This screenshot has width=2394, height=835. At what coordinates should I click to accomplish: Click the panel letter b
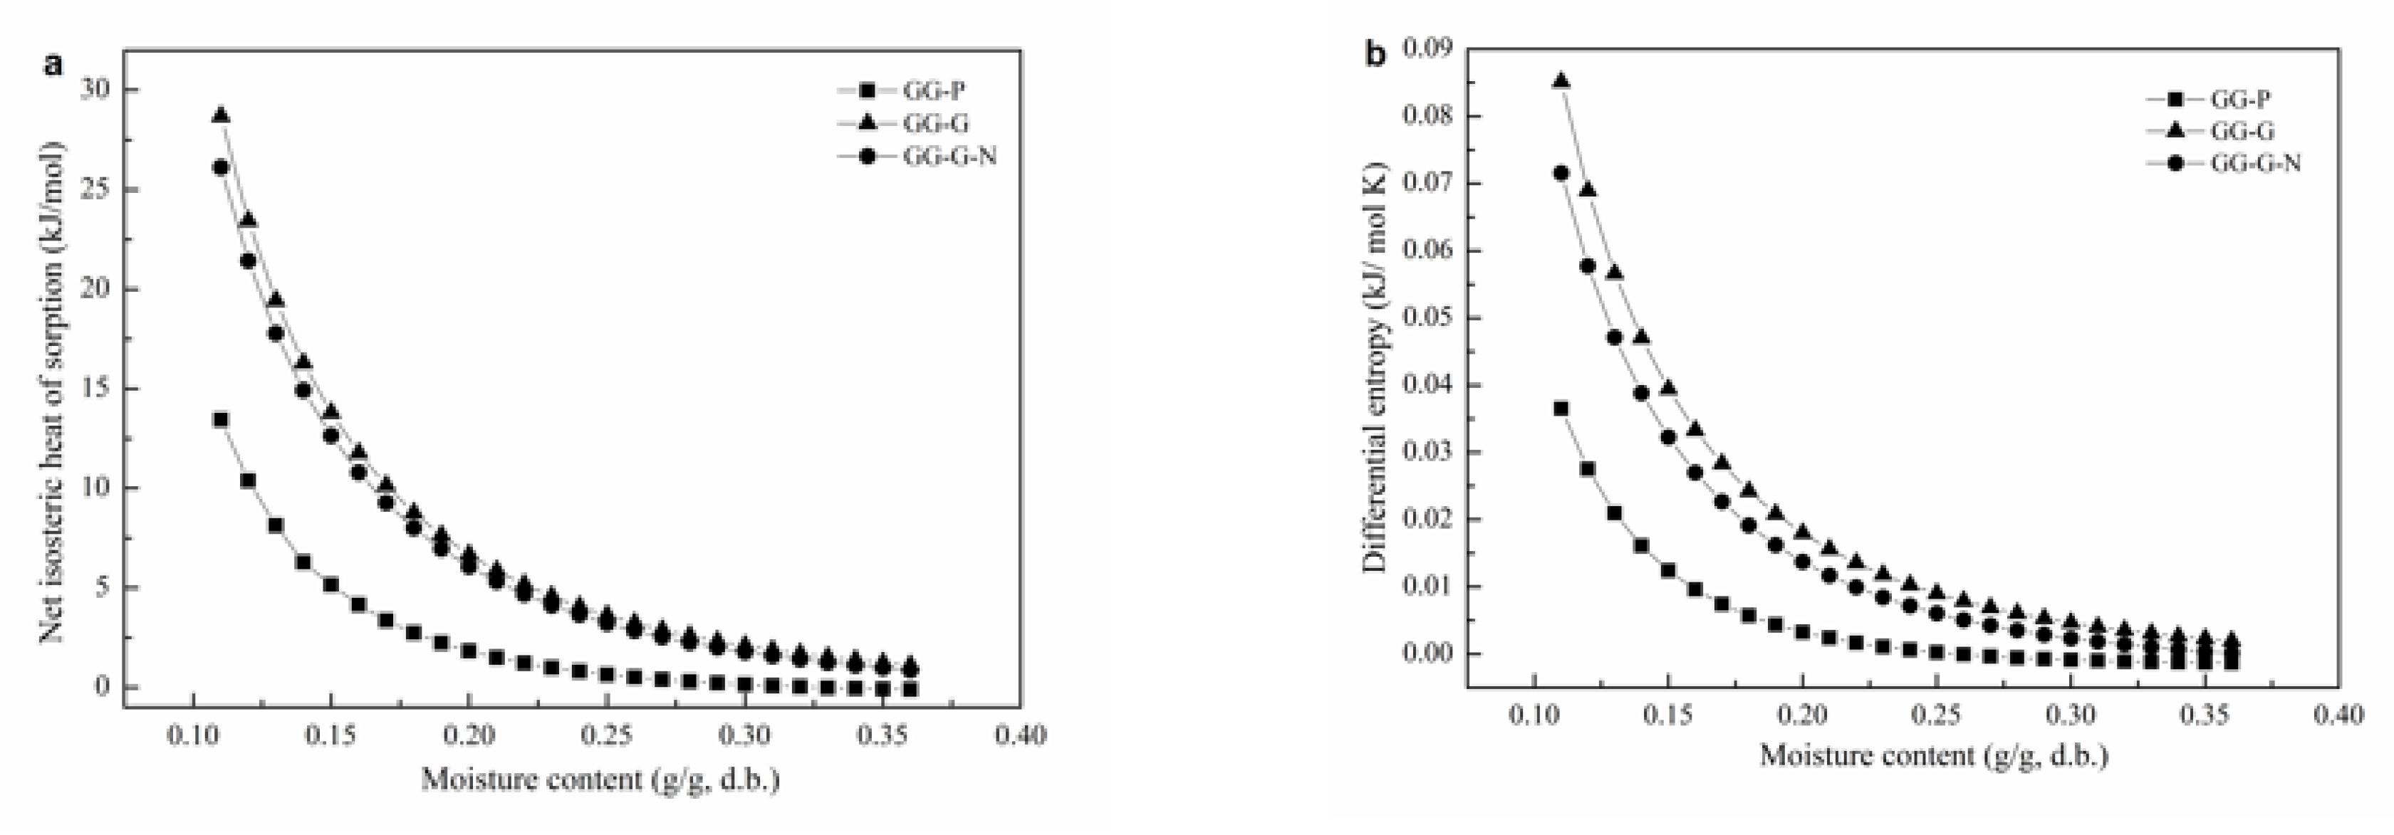point(1375,55)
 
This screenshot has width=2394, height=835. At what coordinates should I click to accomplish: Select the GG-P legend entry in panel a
point(933,91)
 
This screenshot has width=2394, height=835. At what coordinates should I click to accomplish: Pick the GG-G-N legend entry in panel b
point(2254,164)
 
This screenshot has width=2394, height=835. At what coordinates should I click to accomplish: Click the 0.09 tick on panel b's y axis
point(1427,48)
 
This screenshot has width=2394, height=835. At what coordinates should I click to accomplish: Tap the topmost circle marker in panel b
point(1561,173)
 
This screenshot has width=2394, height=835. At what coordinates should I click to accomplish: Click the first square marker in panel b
point(1561,409)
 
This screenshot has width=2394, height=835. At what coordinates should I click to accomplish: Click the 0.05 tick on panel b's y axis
point(1427,317)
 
